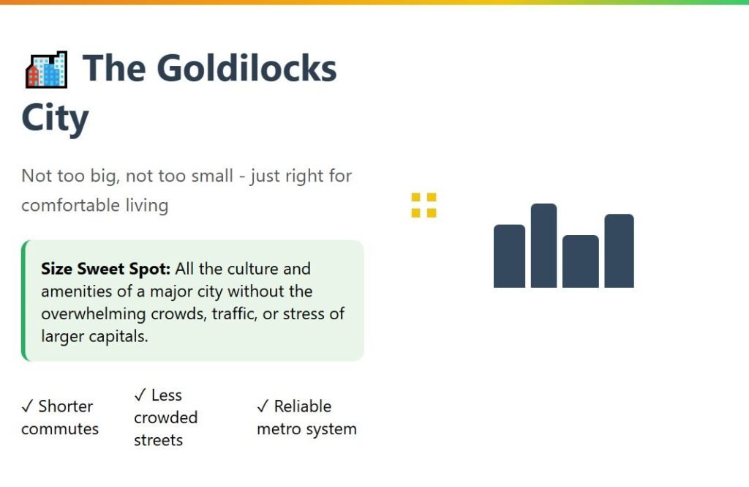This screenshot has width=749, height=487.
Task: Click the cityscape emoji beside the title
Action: coord(46,70)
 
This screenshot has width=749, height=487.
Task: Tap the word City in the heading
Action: coord(55,118)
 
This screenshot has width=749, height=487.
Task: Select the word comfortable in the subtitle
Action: coord(71,205)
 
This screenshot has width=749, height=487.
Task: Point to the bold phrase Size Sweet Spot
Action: coord(105,269)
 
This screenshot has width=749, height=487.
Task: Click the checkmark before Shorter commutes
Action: coord(27,406)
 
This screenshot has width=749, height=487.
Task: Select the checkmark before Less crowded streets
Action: coord(140,395)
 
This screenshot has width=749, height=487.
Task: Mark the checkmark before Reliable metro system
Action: coord(263,406)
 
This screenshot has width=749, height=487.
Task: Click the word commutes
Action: coord(60,429)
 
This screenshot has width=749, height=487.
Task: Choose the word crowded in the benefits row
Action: coord(166,417)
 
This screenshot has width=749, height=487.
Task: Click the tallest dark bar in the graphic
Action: coord(543,245)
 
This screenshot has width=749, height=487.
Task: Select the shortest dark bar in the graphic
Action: coord(580,261)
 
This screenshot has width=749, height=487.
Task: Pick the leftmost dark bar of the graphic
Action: coord(509,256)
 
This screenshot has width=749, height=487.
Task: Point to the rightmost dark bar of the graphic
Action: coord(619,250)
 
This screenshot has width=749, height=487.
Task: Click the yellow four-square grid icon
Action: coord(424,205)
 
